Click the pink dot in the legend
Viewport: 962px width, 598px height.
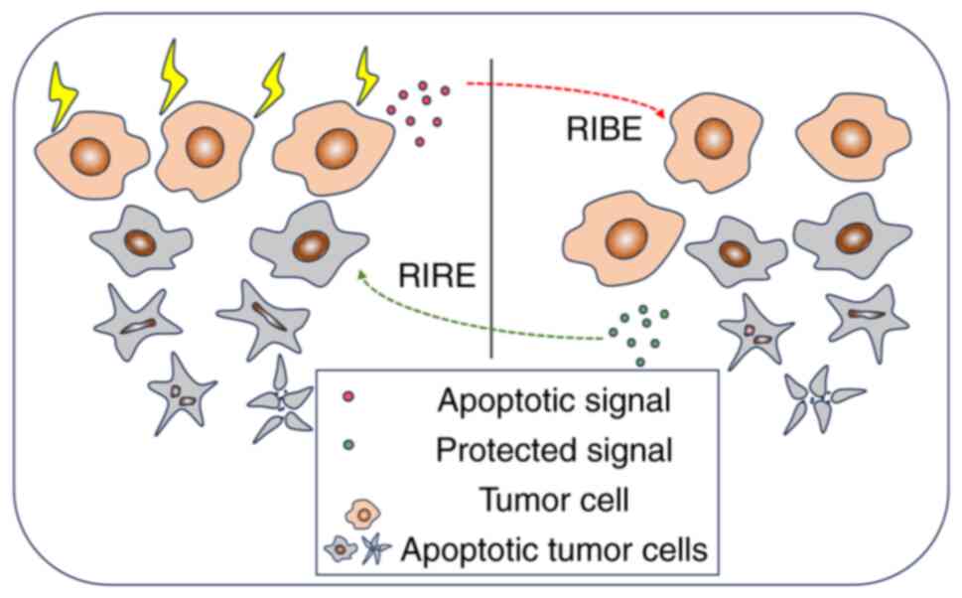pyautogui.click(x=348, y=400)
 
